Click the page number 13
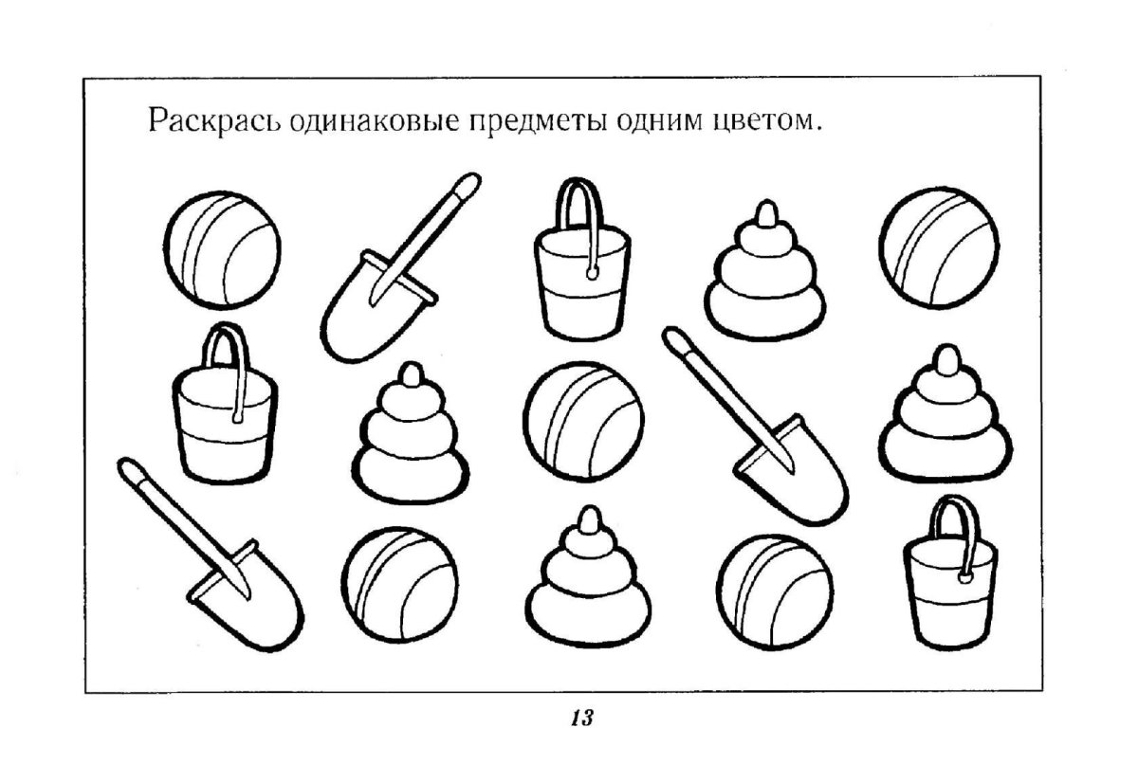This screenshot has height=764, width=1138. [x=582, y=718]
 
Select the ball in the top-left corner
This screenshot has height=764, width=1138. [x=222, y=249]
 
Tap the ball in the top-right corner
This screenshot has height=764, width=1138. [x=939, y=247]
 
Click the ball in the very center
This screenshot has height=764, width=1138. [x=583, y=421]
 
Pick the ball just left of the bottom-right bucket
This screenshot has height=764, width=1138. [x=775, y=591]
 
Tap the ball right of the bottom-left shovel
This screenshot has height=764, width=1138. [x=400, y=585]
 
